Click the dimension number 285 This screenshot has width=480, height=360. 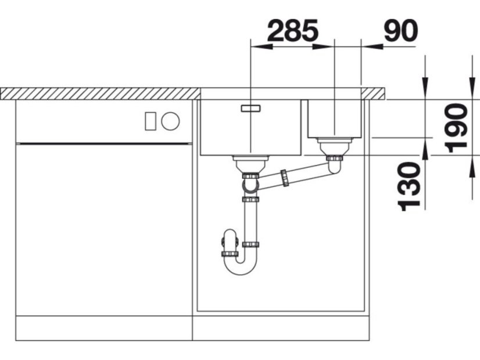[293, 31]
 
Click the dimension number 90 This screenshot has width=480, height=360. [401, 31]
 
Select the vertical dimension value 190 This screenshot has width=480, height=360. [456, 128]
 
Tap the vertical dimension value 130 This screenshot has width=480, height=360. [409, 187]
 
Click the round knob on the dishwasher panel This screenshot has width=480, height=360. [170, 121]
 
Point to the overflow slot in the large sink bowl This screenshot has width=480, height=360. [250, 108]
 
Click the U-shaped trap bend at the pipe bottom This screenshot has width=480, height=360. [240, 267]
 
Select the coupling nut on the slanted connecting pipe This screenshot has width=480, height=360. [284, 178]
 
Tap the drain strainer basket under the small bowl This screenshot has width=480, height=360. [334, 146]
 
